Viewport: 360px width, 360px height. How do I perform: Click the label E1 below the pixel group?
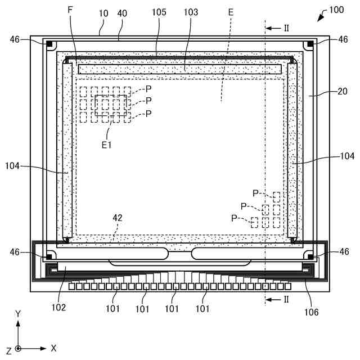point(107,144)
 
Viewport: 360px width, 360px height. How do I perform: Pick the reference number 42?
point(116,218)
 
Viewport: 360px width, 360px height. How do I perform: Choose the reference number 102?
point(58,307)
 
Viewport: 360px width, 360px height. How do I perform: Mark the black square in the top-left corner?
point(49,44)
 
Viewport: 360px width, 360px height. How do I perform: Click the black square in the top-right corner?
point(310,44)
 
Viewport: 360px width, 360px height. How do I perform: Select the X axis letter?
point(53,348)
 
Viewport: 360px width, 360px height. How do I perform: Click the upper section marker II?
point(286,28)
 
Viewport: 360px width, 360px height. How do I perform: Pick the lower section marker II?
point(286,299)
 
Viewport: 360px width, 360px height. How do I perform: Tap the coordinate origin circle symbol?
point(18,349)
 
